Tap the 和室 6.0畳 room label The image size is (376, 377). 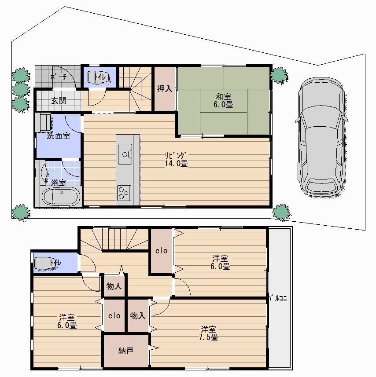(x=224, y=100)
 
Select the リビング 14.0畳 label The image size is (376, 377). (x=176, y=159)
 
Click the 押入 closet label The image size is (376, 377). (x=165, y=88)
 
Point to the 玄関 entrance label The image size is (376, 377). (x=59, y=100)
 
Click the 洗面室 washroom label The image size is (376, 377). (x=59, y=136)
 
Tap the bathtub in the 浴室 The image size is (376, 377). (x=60, y=195)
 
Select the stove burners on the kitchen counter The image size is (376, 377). (x=124, y=192)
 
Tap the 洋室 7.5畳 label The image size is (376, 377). (x=209, y=333)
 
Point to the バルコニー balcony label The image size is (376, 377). (x=278, y=299)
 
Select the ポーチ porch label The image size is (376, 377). (x=58, y=77)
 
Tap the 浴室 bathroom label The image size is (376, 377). (x=59, y=182)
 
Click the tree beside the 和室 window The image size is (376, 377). (x=278, y=75)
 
